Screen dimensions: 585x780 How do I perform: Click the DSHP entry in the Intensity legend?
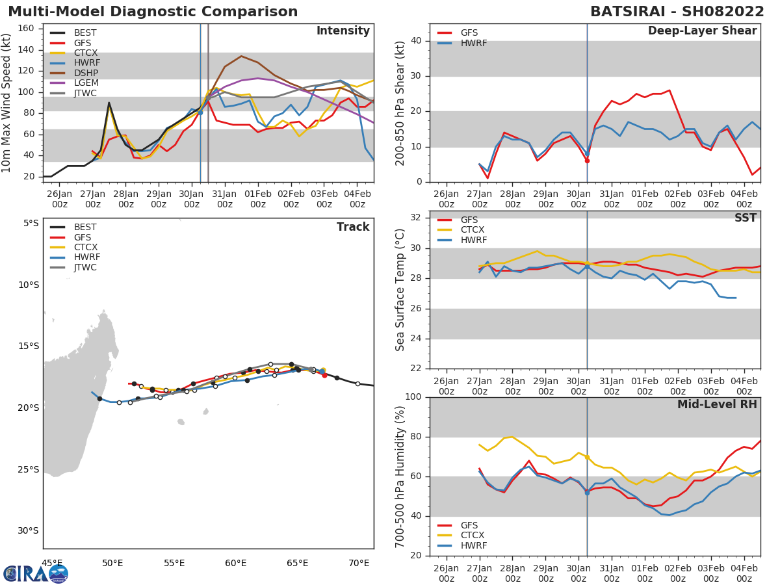click(x=84, y=73)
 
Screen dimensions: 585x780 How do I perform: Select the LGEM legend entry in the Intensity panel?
click(x=84, y=83)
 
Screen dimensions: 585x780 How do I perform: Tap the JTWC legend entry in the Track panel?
click(x=84, y=267)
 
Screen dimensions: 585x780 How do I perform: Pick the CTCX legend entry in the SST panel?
click(x=473, y=229)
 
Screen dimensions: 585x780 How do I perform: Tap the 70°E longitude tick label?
click(x=359, y=563)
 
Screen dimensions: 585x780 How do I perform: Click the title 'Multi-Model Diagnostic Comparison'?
click(x=153, y=12)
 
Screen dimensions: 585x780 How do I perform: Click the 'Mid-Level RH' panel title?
click(x=716, y=404)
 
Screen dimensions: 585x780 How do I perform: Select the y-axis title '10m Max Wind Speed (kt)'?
click(x=7, y=103)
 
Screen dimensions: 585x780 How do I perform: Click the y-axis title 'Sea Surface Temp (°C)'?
click(x=400, y=290)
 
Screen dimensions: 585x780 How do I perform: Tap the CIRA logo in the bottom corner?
click(x=35, y=573)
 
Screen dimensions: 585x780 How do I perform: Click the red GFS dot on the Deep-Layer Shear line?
click(x=587, y=161)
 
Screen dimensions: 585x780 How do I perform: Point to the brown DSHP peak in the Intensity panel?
click(x=241, y=56)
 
